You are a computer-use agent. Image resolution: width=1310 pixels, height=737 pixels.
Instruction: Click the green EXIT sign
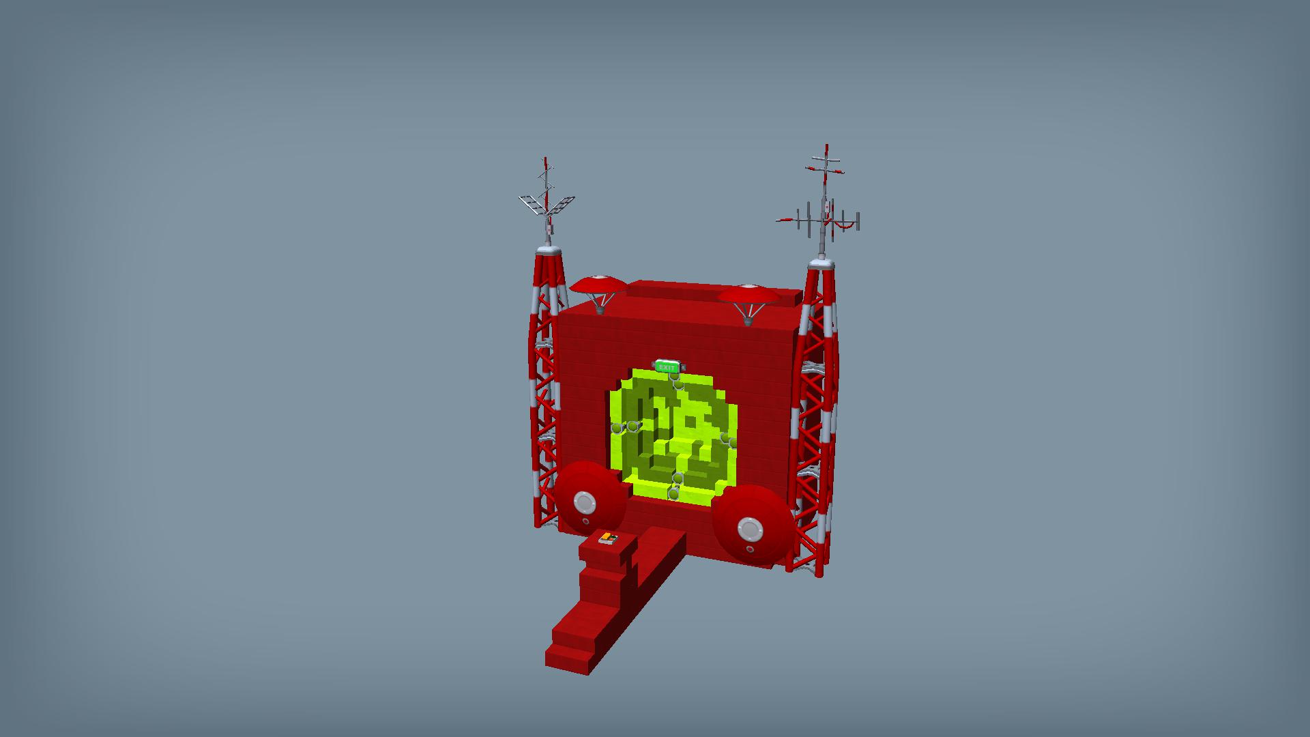pyautogui.click(x=667, y=367)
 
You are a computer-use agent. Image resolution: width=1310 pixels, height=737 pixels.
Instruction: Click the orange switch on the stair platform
pyautogui.click(x=608, y=539)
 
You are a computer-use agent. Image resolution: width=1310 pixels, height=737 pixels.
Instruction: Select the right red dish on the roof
pyautogui.click(x=749, y=295)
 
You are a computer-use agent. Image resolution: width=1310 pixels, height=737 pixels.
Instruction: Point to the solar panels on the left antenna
pyautogui.click(x=547, y=204)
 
